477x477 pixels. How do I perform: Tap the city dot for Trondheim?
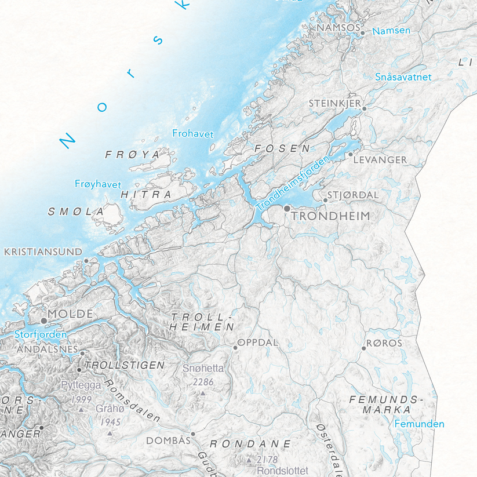[x=287, y=207]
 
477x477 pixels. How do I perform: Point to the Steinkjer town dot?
[x=365, y=108]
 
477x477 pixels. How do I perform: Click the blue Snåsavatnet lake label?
[x=403, y=77]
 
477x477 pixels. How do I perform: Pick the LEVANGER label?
[x=380, y=159]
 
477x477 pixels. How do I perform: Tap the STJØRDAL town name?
[x=353, y=195]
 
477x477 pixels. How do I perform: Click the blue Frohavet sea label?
[x=193, y=134]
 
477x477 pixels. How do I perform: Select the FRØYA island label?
[x=132, y=155]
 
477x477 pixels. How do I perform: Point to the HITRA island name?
[x=147, y=195]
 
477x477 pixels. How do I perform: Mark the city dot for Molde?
[x=43, y=320]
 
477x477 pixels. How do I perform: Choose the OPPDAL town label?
[x=258, y=343]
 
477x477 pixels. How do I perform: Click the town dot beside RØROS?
[x=364, y=348]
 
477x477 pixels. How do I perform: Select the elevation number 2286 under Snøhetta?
[x=203, y=382]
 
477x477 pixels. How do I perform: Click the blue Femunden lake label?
[x=419, y=424]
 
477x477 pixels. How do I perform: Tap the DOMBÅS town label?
[x=168, y=440]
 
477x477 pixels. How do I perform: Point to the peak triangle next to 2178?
[x=249, y=460]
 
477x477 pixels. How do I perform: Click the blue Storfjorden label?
[x=41, y=334]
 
